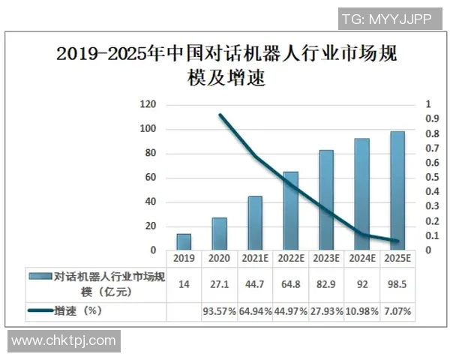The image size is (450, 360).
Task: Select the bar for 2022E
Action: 290,211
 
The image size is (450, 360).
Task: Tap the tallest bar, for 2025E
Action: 397,190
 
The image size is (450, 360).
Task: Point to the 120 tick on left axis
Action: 148,105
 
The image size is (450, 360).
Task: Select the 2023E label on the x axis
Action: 325,258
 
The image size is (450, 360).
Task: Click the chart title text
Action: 225,65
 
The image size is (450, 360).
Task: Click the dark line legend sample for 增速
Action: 40,310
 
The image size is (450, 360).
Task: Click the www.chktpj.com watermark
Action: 64,342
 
